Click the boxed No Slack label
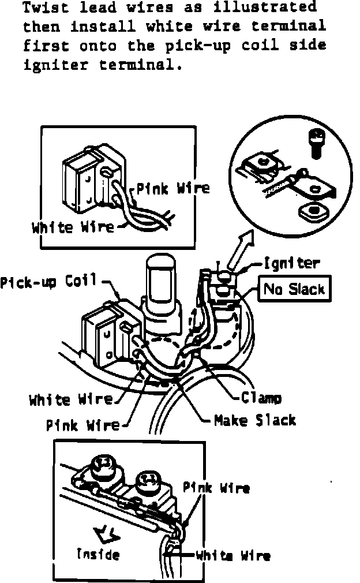click(x=294, y=289)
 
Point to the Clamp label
click(x=261, y=398)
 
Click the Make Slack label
click(x=254, y=420)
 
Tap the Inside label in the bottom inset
click(x=99, y=555)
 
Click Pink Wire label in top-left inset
click(x=172, y=188)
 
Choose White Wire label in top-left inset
click(x=73, y=226)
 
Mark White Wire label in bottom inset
click(x=232, y=556)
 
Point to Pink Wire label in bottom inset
click(x=216, y=488)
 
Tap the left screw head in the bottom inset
click(x=103, y=464)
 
